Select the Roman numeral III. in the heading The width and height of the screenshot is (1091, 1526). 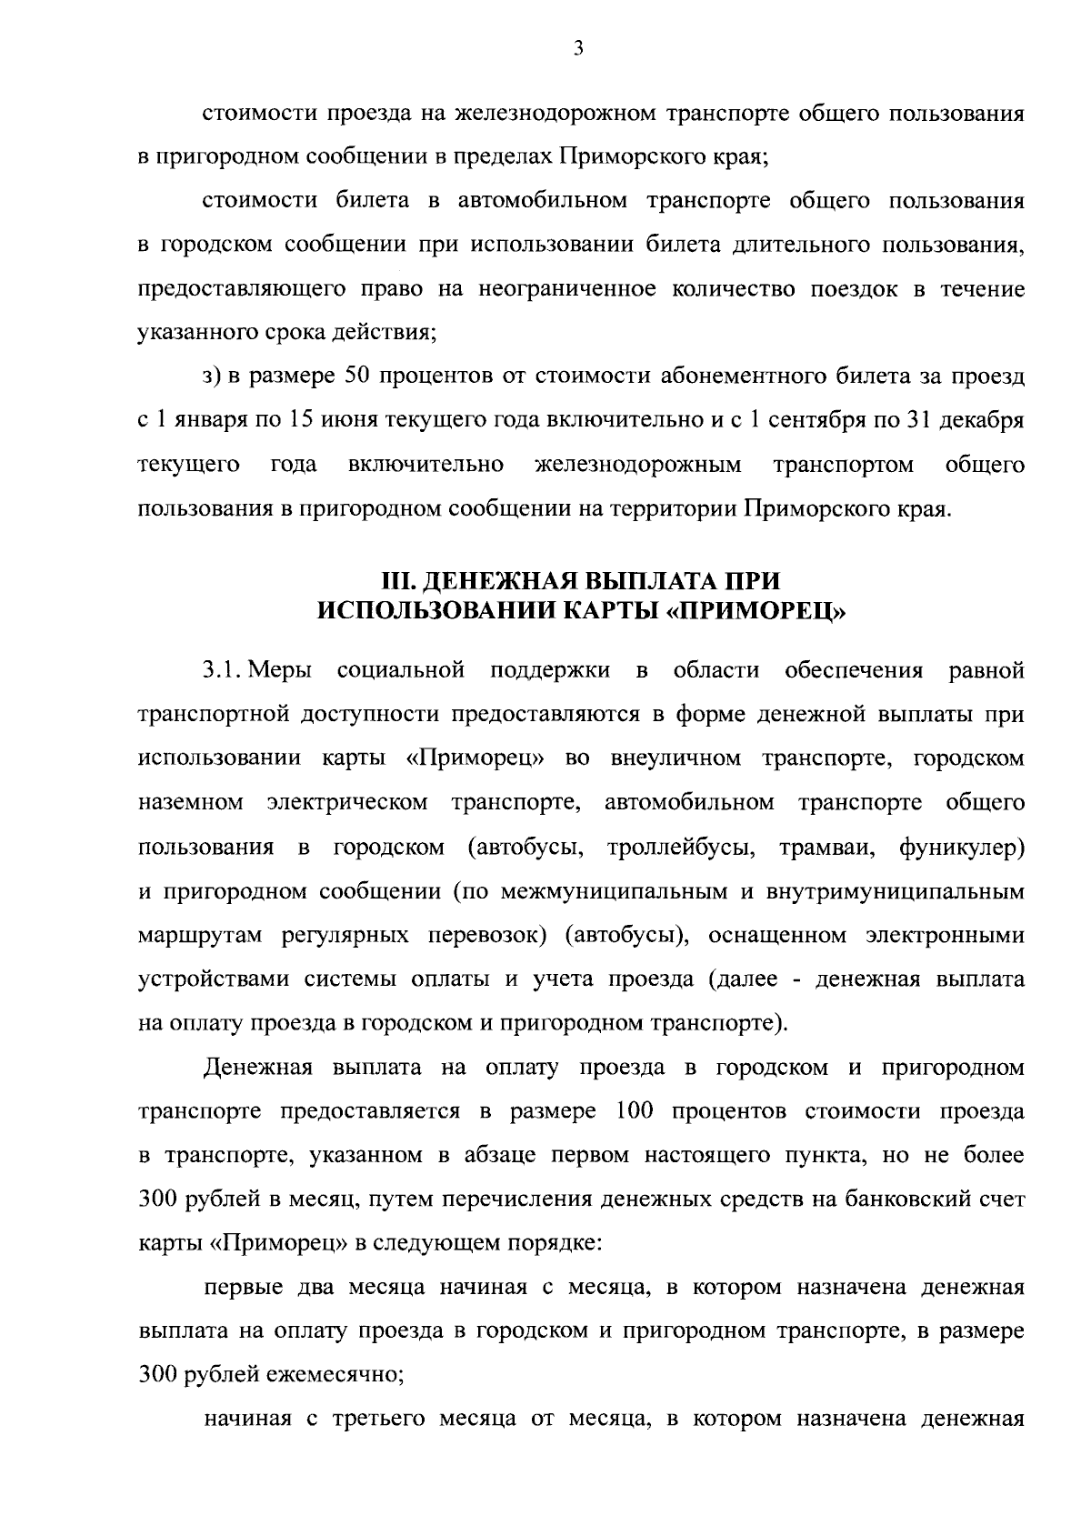pyautogui.click(x=399, y=581)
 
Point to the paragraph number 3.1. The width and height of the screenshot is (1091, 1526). pyautogui.click(x=219, y=671)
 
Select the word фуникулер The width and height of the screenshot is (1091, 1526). pyautogui.click(x=962, y=848)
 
